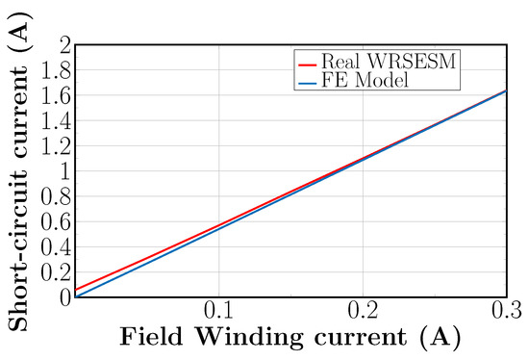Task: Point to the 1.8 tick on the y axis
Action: coord(58,70)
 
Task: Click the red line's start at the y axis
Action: coord(75,290)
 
